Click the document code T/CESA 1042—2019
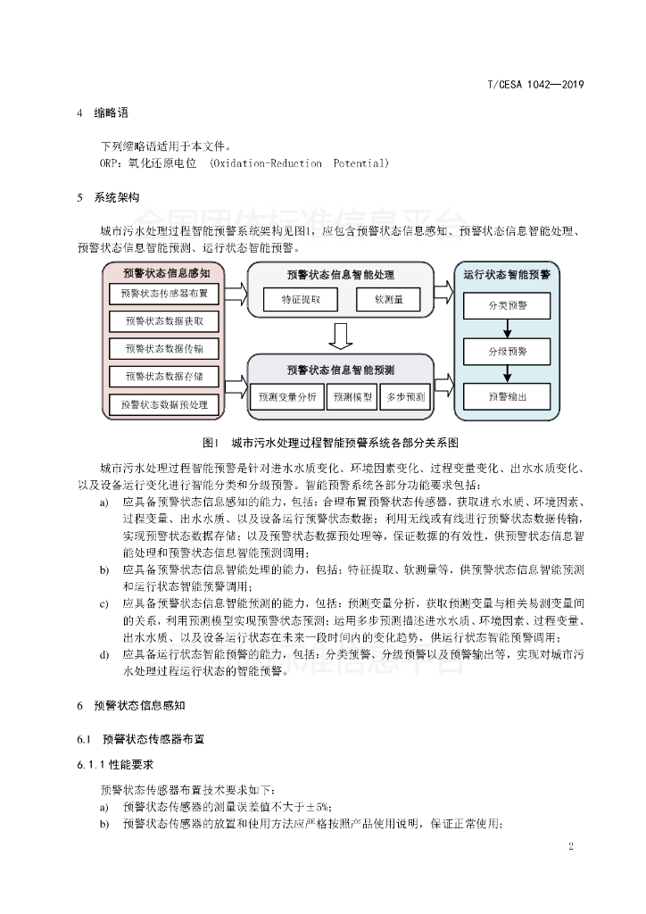(534, 85)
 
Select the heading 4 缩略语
(103, 113)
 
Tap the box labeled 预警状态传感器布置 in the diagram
(164, 293)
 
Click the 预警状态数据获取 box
(164, 320)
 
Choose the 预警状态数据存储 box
(164, 376)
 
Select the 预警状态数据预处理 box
(164, 404)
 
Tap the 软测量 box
(389, 300)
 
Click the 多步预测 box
(404, 396)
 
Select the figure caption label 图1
(211, 441)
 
